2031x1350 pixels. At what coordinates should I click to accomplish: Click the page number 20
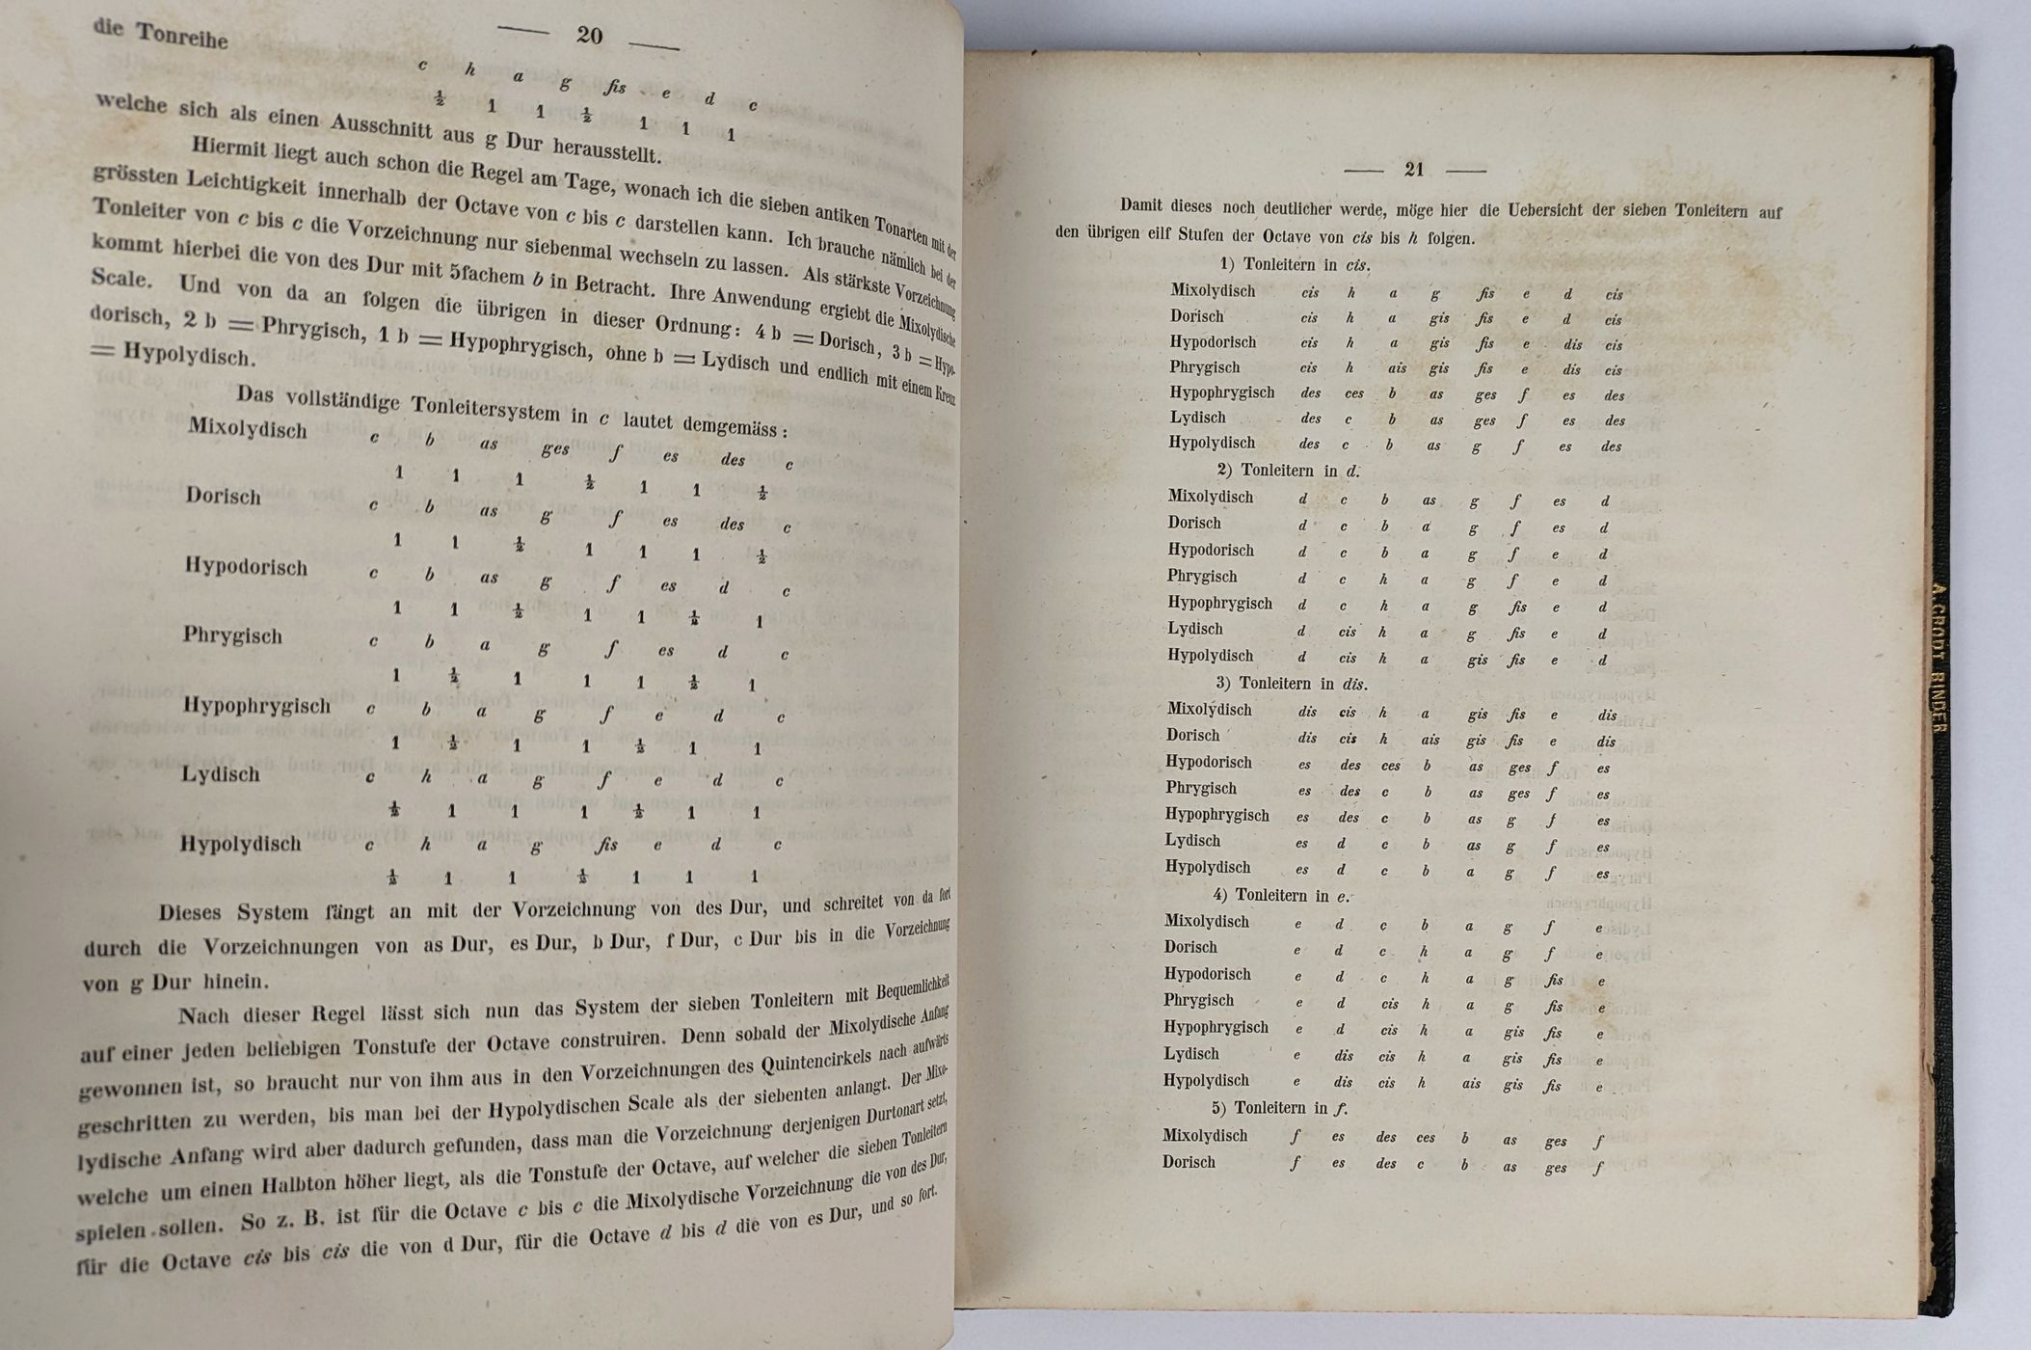pyautogui.click(x=589, y=36)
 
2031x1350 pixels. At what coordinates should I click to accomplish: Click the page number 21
pyautogui.click(x=1414, y=170)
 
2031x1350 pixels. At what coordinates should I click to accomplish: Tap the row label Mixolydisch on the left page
pyautogui.click(x=248, y=428)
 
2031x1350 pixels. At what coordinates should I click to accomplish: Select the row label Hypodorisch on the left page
pyautogui.click(x=246, y=567)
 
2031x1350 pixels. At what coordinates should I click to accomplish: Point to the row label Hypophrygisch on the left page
pyautogui.click(x=256, y=706)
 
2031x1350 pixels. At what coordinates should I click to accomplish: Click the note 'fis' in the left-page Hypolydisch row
pyautogui.click(x=605, y=846)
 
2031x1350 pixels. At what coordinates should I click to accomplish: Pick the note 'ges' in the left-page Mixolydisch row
pyautogui.click(x=554, y=449)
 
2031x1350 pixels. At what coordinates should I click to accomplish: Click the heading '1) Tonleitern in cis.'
pyautogui.click(x=1295, y=264)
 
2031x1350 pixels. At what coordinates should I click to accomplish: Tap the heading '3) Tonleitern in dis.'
pyautogui.click(x=1291, y=683)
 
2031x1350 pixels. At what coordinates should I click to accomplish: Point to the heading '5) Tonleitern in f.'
pyautogui.click(x=1280, y=1108)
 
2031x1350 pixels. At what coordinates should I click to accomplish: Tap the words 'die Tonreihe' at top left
pyautogui.click(x=160, y=33)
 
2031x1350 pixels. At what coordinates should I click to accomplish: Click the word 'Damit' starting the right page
pyautogui.click(x=1141, y=205)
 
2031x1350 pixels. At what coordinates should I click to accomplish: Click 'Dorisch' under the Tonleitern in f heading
pyautogui.click(x=1189, y=1162)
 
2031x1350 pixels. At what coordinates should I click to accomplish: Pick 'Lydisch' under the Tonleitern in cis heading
pyautogui.click(x=1197, y=418)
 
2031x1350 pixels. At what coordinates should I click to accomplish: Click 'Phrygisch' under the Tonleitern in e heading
pyautogui.click(x=1198, y=1000)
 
